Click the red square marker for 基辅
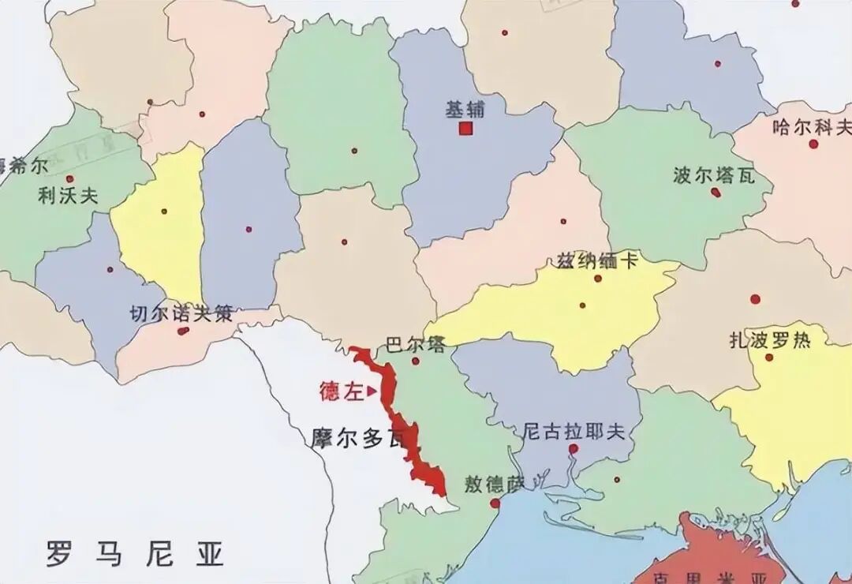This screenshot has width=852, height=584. pos(466,129)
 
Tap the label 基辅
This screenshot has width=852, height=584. pos(465,110)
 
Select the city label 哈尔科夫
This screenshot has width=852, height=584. pos(813,125)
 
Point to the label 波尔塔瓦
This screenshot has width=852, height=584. pos(714,174)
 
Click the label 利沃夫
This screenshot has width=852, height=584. pos(68,196)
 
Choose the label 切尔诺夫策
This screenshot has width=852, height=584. pos(181,313)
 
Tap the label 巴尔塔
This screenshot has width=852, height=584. pos(415,345)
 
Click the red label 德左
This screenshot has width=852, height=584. pos(341,391)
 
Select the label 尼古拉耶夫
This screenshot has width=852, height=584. pos(574,431)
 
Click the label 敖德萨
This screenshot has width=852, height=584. pos(495,484)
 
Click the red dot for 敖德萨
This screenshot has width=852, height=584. pos(495,504)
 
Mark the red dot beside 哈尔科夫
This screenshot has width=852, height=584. pos(813,144)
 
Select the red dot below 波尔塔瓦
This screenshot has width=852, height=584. pos(716,192)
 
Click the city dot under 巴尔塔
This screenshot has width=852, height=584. pos(416,361)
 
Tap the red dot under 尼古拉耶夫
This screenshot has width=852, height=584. pos(574,448)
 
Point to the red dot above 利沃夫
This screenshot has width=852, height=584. pos(69,179)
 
